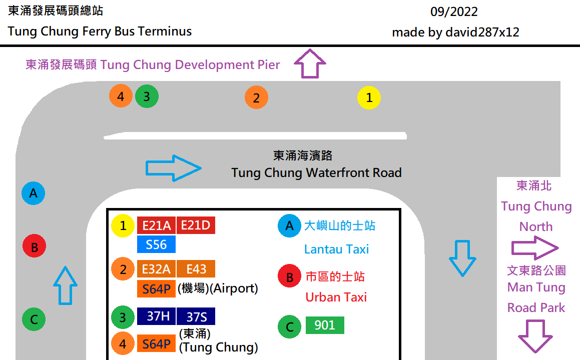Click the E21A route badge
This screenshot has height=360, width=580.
156,225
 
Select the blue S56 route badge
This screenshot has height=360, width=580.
156,244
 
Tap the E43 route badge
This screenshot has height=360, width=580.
196,269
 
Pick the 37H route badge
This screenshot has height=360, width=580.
156,316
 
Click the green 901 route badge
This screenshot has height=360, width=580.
324,325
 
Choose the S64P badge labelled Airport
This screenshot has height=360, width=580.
156,288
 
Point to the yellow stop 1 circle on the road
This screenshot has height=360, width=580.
369,98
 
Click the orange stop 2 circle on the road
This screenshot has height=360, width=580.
256,98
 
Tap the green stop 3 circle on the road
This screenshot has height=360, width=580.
147,96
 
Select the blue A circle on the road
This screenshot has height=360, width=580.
34,193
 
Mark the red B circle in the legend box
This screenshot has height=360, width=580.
290,276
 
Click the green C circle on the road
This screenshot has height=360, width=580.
34,319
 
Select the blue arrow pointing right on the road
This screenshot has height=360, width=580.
173,168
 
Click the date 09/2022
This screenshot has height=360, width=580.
454,11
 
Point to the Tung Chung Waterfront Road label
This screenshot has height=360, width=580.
316,173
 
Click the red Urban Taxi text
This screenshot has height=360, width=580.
336,297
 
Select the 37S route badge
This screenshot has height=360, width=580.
196,316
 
